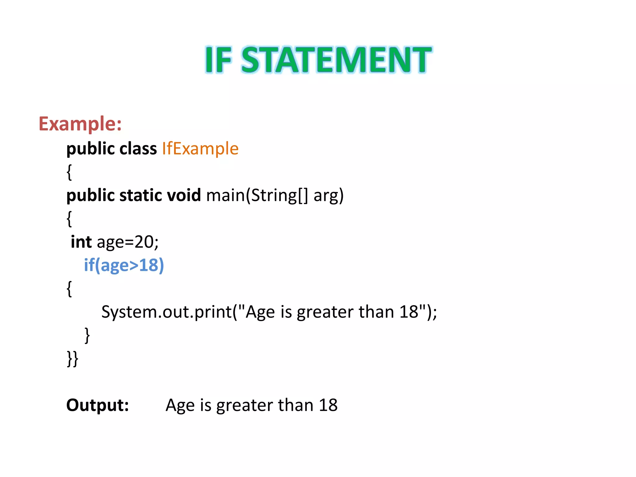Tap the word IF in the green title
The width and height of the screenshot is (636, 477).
[x=218, y=60]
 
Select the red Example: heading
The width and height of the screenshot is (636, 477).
[x=80, y=124]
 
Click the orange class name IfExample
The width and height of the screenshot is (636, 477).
[x=200, y=148]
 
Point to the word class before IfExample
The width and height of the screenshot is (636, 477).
[x=138, y=148]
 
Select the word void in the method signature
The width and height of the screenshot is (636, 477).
[x=184, y=195]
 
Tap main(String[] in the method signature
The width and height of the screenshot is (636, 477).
[x=257, y=196]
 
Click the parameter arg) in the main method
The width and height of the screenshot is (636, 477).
[x=329, y=196]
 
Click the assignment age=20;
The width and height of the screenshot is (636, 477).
[x=128, y=242]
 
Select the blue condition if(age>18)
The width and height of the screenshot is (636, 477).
[x=124, y=266]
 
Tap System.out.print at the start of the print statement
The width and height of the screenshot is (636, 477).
[x=167, y=312]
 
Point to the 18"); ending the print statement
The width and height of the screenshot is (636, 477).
[x=418, y=312]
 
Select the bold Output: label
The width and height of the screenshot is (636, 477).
[x=98, y=405]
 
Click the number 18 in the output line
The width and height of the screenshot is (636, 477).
[x=328, y=405]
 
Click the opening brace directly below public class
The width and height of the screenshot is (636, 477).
[x=69, y=172]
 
